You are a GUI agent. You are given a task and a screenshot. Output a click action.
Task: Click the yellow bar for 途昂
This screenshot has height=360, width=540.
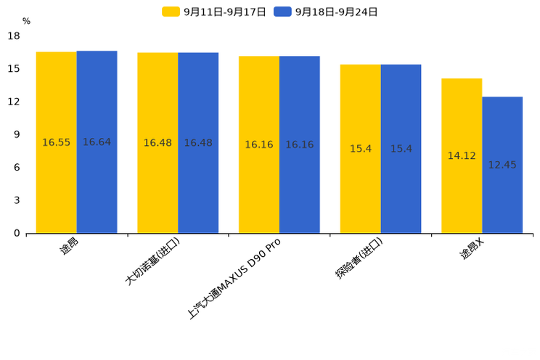coord(57,142)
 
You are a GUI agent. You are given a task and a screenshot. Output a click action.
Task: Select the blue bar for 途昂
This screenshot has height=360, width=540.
coord(97,142)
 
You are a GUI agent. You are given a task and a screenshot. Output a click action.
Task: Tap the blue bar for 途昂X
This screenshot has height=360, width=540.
coord(502,165)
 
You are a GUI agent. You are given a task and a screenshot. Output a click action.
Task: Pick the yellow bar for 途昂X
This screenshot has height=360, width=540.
coord(462,156)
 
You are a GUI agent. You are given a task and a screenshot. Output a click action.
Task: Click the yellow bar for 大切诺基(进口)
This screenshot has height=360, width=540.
coord(157,143)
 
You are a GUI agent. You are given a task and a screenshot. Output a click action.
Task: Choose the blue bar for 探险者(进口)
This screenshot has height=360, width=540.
coord(401,149)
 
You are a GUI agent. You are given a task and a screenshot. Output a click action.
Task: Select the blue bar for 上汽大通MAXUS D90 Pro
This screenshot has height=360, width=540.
coord(300,144)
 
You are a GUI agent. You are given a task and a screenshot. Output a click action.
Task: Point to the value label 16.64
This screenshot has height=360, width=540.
coord(97,142)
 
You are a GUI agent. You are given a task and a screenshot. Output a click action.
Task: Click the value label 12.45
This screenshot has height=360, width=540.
coord(502,165)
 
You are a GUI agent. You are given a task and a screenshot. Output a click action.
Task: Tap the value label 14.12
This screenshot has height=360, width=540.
coord(462,156)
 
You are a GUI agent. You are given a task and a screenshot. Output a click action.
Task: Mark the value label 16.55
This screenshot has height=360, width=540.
coord(56,142)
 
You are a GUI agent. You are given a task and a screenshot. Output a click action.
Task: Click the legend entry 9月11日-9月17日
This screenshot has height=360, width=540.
coord(214,12)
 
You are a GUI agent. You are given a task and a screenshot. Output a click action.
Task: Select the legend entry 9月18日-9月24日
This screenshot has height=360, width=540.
coord(325,12)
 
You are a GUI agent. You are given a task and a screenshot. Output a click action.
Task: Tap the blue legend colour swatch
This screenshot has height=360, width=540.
coord(282,12)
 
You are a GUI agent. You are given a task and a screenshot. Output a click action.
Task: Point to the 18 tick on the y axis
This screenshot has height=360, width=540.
coord(14,36)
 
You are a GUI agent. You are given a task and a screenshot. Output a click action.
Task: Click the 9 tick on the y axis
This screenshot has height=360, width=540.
coord(17,134)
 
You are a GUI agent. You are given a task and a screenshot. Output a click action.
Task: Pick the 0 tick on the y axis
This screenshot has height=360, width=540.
coord(17,233)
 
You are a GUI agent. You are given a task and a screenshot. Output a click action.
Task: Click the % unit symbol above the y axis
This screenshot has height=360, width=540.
coord(27,21)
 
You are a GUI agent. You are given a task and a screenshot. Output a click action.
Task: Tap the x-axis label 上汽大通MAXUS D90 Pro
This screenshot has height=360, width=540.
coord(234,279)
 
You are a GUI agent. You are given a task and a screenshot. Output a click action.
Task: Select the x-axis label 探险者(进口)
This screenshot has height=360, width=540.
coord(359,258)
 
